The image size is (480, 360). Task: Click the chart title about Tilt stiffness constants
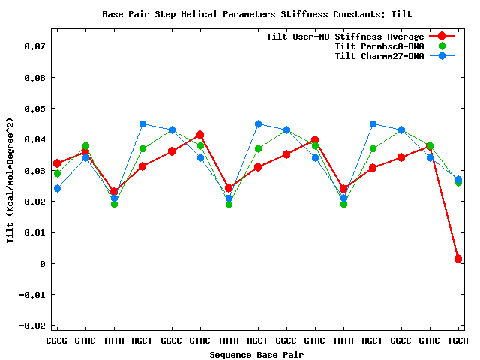(257, 14)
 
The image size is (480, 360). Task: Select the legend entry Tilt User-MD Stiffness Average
(345, 37)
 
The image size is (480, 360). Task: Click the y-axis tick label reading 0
(43, 264)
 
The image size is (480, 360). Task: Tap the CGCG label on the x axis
(57, 340)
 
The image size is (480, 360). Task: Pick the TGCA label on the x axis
(458, 340)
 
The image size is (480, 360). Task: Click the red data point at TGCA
(458, 259)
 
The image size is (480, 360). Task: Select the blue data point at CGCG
(57, 189)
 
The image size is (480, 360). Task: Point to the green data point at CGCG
(57, 174)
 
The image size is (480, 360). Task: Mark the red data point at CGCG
(57, 163)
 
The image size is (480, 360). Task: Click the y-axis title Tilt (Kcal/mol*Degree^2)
(10, 180)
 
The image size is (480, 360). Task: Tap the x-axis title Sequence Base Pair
(257, 354)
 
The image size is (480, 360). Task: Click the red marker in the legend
(442, 37)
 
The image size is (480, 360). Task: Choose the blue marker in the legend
(442, 56)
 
